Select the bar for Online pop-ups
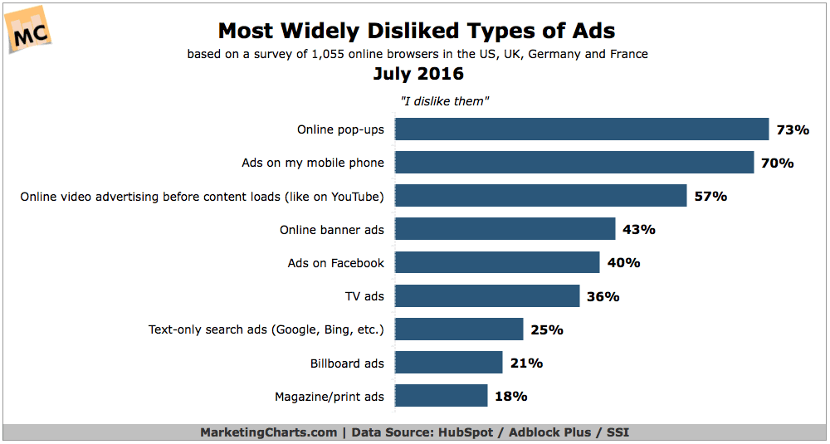(x=582, y=129)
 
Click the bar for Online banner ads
(x=505, y=229)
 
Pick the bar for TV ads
(x=487, y=295)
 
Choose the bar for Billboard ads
(x=448, y=363)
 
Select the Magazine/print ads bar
(x=441, y=396)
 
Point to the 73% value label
(x=793, y=130)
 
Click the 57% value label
(x=710, y=197)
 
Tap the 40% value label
(x=623, y=263)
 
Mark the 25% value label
(x=547, y=329)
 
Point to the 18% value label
(x=511, y=396)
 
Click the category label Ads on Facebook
(x=336, y=263)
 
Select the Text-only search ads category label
(x=266, y=329)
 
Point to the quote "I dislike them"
(x=440, y=101)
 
